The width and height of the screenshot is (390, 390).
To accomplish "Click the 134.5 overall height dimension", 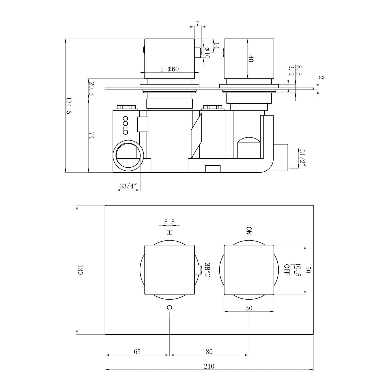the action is (x=68, y=106).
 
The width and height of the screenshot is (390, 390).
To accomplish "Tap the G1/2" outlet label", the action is (x=302, y=158).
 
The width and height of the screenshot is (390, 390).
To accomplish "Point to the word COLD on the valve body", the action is (x=125, y=125).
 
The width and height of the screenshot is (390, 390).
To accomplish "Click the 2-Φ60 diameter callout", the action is (x=170, y=69).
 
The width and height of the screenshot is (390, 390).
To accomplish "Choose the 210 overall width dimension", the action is (x=209, y=366).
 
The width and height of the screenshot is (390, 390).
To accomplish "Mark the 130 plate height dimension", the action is (x=80, y=270).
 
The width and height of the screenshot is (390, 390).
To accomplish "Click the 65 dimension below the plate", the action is (x=137, y=352).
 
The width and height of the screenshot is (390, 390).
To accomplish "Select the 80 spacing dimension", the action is (x=209, y=352).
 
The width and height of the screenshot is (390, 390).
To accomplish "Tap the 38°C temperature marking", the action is (x=207, y=270).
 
